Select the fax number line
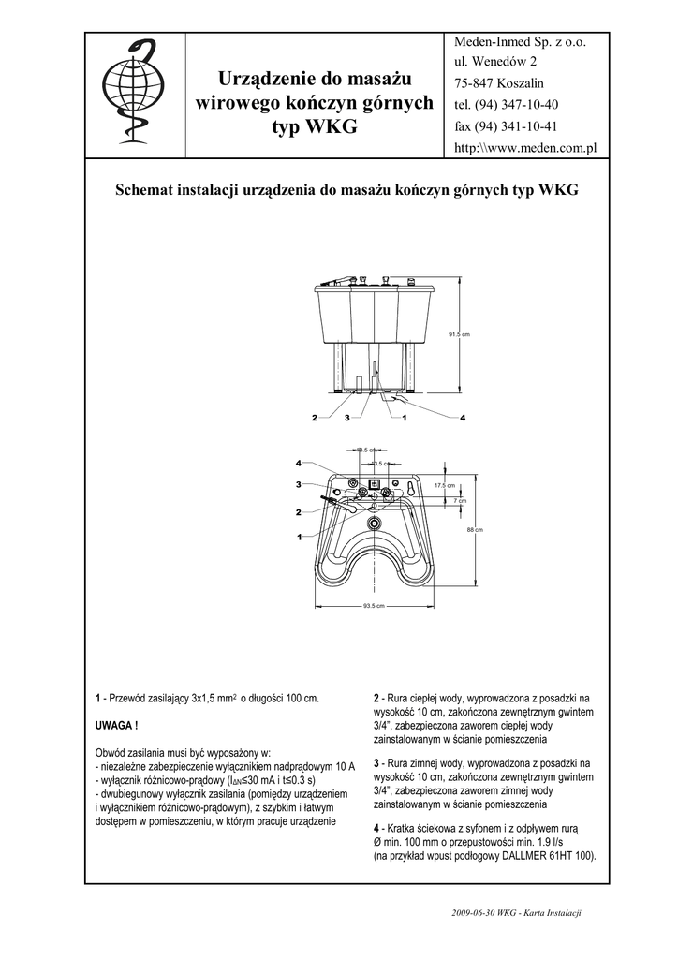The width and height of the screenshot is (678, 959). [x=506, y=126]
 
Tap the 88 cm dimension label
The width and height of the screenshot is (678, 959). [x=474, y=531]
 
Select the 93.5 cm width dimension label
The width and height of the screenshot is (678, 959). [x=374, y=605]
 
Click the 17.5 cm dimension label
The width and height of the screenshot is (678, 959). [x=444, y=485]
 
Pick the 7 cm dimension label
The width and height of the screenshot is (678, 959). [x=459, y=500]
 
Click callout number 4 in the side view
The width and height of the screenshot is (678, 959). [x=463, y=417]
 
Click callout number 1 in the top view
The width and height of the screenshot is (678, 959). [x=299, y=537]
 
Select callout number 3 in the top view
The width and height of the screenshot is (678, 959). [x=299, y=484]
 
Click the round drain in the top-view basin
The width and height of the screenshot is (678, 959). [x=374, y=523]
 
